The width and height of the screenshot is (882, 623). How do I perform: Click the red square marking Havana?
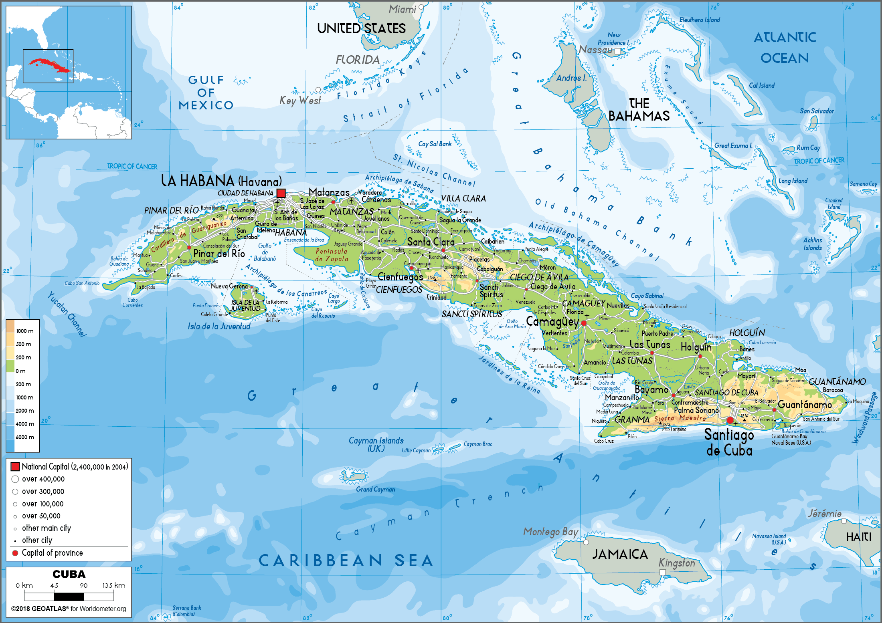(x=281, y=193)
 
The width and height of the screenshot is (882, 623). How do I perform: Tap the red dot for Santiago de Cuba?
(x=730, y=420)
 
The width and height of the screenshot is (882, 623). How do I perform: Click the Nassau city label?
(x=596, y=50)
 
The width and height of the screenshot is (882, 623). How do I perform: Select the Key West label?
(x=300, y=100)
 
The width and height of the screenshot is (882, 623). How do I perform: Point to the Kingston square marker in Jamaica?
(x=662, y=572)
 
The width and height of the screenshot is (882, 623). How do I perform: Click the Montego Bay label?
(x=550, y=532)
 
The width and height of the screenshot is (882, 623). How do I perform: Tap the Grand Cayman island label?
(x=375, y=489)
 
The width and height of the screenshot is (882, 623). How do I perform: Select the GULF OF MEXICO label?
(x=206, y=93)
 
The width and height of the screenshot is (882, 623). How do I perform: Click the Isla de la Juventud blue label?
(x=219, y=327)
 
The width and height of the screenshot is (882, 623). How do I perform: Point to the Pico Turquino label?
(x=674, y=429)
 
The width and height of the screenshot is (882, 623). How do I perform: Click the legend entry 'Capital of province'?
(x=52, y=553)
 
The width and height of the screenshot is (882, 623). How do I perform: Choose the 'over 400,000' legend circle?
(x=15, y=479)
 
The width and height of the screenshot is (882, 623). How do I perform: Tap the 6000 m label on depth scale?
(x=24, y=437)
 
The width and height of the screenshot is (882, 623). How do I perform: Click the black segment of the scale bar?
(x=69, y=597)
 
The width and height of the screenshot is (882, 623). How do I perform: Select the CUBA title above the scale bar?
(x=69, y=574)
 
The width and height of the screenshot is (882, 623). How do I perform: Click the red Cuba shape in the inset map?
(x=48, y=65)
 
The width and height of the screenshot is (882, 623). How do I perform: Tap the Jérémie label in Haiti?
(x=824, y=513)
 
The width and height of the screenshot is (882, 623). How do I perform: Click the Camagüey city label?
(x=552, y=321)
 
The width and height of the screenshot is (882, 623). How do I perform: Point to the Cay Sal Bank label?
(x=435, y=144)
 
